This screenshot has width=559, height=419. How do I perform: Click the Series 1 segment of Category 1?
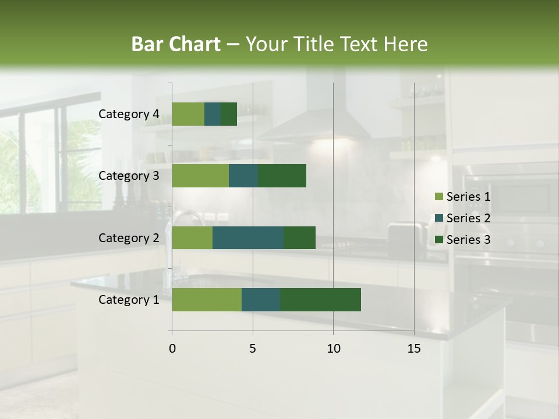pyautogui.click(x=207, y=300)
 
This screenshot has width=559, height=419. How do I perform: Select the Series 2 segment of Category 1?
pyautogui.click(x=261, y=300)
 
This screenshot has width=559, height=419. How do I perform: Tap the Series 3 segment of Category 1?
pyautogui.click(x=320, y=300)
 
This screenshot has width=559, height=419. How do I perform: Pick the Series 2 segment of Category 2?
pyautogui.click(x=248, y=238)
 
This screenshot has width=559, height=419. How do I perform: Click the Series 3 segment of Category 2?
pyautogui.click(x=299, y=238)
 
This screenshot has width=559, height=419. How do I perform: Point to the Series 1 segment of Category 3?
pyautogui.click(x=200, y=176)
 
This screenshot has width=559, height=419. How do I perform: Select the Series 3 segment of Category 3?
pyautogui.click(x=282, y=176)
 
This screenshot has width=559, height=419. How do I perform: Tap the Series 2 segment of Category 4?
pyautogui.click(x=213, y=114)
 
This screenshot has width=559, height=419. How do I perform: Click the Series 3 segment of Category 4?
pyautogui.click(x=229, y=114)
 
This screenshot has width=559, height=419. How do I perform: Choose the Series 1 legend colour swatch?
pyautogui.click(x=438, y=197)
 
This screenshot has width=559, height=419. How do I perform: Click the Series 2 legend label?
pyautogui.click(x=468, y=218)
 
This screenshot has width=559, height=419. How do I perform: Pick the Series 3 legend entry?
pyautogui.click(x=462, y=240)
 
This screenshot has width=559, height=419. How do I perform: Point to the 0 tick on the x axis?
pyautogui.click(x=172, y=349)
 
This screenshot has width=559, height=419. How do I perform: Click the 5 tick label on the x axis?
pyautogui.click(x=253, y=349)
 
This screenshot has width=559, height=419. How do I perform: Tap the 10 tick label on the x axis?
pyautogui.click(x=333, y=349)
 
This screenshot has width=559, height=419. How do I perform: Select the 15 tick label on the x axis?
pyautogui.click(x=414, y=349)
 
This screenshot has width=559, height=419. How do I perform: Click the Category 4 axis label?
pyautogui.click(x=129, y=114)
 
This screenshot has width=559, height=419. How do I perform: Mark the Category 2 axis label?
pyautogui.click(x=129, y=238)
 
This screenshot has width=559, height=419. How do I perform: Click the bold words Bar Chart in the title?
pyautogui.click(x=176, y=44)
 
